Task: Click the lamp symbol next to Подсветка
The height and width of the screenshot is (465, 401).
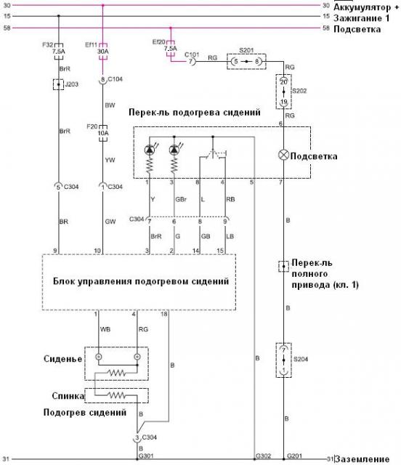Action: point(283,155)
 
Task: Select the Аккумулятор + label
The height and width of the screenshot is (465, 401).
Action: point(366,7)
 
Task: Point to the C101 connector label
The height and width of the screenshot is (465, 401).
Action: point(192,53)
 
